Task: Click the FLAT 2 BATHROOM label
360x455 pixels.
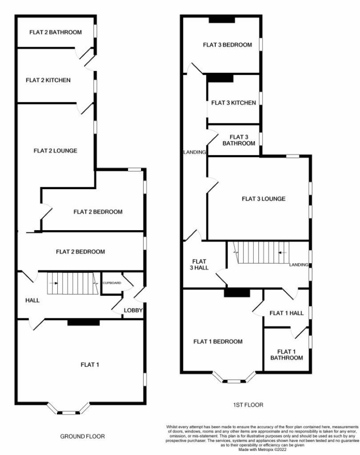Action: pyautogui.click(x=56, y=32)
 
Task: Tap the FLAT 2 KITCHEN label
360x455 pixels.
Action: pyautogui.click(x=48, y=80)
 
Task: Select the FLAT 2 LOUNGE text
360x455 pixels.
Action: pyautogui.click(x=56, y=151)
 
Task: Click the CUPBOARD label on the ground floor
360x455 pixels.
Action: pyautogui.click(x=112, y=282)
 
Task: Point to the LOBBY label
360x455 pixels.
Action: pyautogui.click(x=133, y=310)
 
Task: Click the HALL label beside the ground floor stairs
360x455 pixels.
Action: pyautogui.click(x=32, y=300)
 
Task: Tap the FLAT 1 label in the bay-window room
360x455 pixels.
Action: pyautogui.click(x=90, y=364)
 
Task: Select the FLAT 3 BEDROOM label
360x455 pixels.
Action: pyautogui.click(x=227, y=45)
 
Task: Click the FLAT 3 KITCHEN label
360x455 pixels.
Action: pyautogui.click(x=234, y=103)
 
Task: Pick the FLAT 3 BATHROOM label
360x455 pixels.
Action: pyautogui.click(x=239, y=140)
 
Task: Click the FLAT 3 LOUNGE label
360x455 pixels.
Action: pyautogui.click(x=264, y=199)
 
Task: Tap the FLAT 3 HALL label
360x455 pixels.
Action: pyautogui.click(x=200, y=264)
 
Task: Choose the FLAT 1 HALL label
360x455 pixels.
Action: pyautogui.click(x=286, y=313)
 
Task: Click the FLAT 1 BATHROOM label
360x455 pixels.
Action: pyautogui.click(x=286, y=355)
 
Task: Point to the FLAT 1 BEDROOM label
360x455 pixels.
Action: pyautogui.click(x=218, y=341)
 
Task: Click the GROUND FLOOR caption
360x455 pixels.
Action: pyautogui.click(x=82, y=436)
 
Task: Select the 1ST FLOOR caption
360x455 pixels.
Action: pyautogui.click(x=248, y=405)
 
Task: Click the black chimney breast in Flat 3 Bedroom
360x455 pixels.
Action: pyautogui.click(x=222, y=19)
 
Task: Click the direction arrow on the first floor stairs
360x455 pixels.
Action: pyautogui.click(x=282, y=253)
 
